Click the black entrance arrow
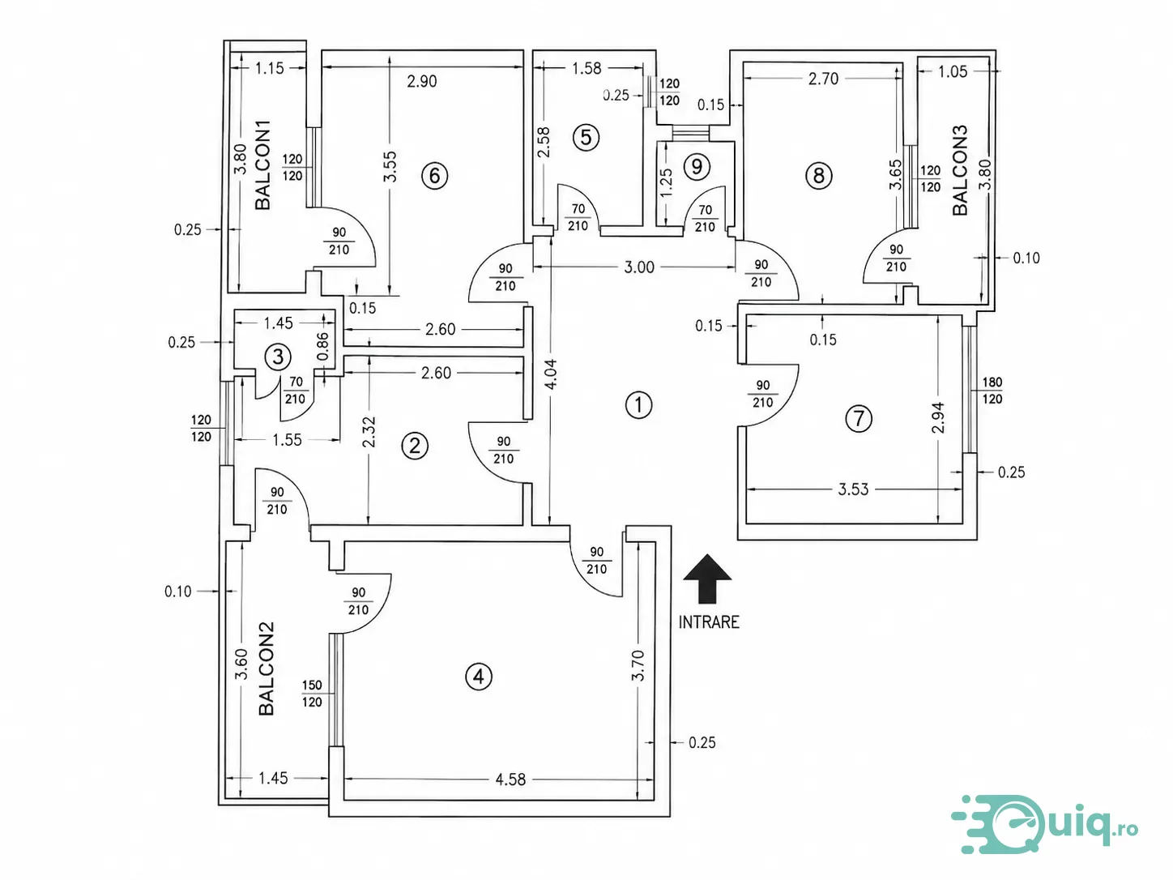[707, 579]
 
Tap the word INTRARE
[709, 622]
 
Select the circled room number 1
[638, 405]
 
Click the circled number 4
[478, 677]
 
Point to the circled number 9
[697, 167]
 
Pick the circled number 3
[278, 357]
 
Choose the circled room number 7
[859, 418]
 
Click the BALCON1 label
[263, 164]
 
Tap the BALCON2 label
[267, 668]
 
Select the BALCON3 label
[960, 170]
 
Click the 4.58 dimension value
[510, 780]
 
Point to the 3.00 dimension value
[639, 267]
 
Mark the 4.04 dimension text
[551, 374]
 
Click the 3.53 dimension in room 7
[854, 489]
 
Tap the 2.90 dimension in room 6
[421, 81]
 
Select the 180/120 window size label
[992, 391]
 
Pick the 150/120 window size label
[312, 694]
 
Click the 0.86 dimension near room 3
[322, 347]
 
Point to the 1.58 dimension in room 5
[586, 68]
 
